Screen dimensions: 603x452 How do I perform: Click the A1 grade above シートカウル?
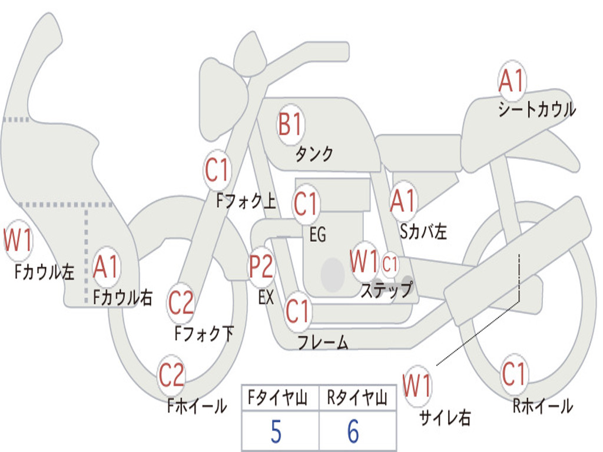511,81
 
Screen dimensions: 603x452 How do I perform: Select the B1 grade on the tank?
290,125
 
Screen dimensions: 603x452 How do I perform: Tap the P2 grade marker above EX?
261,267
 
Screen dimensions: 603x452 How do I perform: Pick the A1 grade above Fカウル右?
106,267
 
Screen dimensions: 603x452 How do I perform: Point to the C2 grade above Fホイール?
171,375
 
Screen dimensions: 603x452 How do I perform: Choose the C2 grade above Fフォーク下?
181,303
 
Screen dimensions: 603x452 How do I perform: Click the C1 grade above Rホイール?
513,373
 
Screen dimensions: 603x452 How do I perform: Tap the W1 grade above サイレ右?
417,386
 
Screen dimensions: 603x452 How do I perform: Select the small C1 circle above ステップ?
390,264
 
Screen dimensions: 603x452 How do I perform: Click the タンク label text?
314,154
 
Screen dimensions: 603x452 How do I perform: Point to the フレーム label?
322,342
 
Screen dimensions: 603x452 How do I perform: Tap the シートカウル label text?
536,110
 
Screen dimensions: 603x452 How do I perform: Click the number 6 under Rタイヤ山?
353,433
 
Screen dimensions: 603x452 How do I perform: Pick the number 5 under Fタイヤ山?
276,433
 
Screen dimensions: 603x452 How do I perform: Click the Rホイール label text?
542,406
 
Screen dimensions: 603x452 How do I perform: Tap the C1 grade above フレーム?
297,310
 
